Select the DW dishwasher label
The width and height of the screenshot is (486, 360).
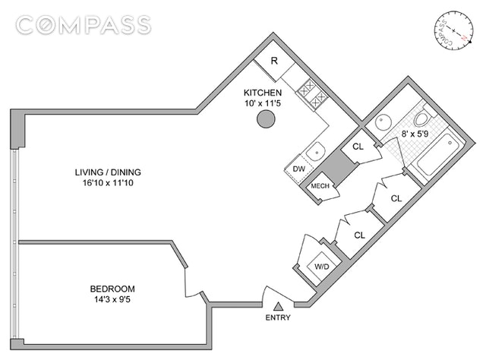tap(298, 169)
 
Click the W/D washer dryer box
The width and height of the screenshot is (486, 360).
tap(321, 266)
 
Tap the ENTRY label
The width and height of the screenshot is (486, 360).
tap(279, 318)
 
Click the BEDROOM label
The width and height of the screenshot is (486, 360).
tap(112, 289)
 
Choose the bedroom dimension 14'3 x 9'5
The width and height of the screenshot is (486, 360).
tap(112, 301)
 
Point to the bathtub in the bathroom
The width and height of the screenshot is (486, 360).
tap(435, 155)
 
